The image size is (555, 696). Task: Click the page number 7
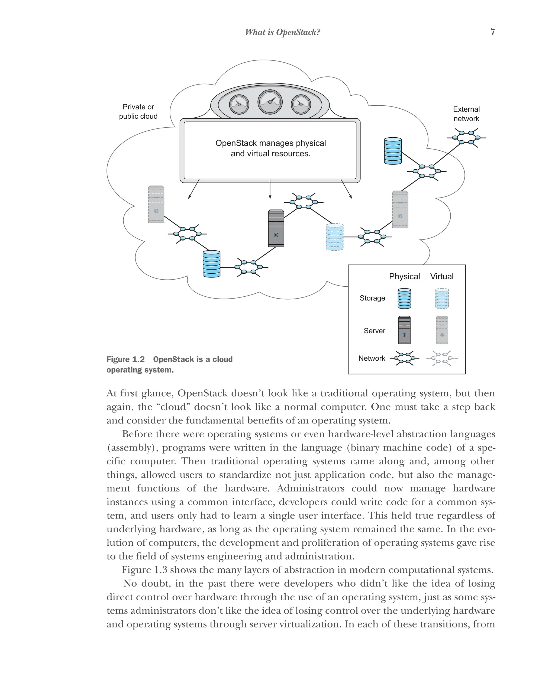pos(492,32)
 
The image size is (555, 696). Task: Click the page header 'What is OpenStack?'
pos(282,32)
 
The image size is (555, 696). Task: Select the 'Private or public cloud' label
pos(138,111)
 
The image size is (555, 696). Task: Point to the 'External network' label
pos(466,114)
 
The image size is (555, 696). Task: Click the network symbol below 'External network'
pos(466,138)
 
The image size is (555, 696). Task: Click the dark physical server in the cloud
pos(276,228)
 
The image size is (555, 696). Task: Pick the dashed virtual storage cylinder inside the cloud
pos(334,237)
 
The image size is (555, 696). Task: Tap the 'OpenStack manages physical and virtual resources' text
pos(270,148)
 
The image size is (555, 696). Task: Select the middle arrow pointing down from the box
pos(270,190)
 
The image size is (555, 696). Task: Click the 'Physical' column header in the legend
pos(404,276)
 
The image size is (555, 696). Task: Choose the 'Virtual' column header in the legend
pos(442,276)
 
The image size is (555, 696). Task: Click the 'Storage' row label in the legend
pos(372,298)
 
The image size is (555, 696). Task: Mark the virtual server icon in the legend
pos(442,330)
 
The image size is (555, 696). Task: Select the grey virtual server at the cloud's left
pos(156,204)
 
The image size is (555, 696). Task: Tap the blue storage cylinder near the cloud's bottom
pos(211,264)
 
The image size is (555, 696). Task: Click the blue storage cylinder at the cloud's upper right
pos(393,151)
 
